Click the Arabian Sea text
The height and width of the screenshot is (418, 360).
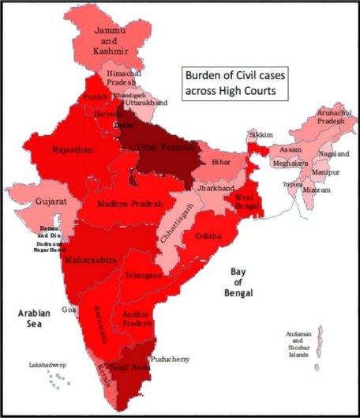(x=35, y=319)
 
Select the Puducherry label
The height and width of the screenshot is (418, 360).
(x=171, y=359)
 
